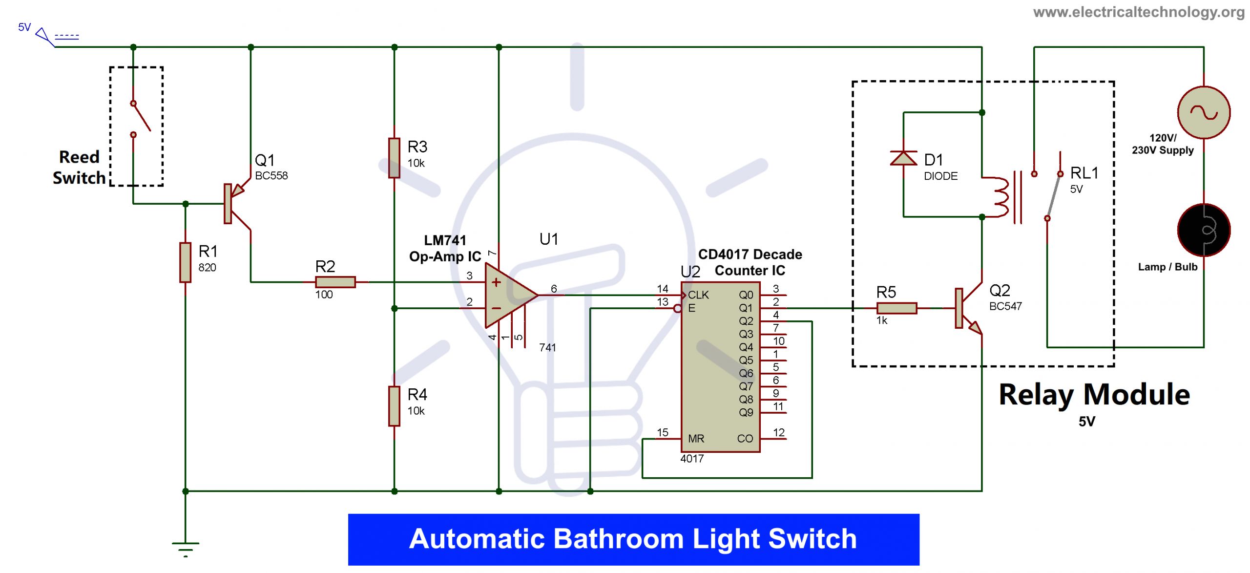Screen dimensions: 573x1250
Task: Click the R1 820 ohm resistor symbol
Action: point(185,262)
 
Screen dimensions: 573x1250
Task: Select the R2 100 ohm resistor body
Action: point(335,282)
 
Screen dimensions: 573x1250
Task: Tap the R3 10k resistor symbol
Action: point(394,158)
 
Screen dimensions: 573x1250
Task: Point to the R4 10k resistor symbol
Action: point(394,406)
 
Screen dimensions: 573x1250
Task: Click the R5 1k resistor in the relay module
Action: point(896,308)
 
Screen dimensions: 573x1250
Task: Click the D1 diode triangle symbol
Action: point(903,158)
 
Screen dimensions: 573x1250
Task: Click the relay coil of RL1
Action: point(999,196)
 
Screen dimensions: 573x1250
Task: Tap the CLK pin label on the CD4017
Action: point(698,295)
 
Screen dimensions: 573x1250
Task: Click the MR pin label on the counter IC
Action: point(696,439)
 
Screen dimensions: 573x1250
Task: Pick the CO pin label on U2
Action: point(745,439)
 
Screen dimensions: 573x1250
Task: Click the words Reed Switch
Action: point(79,168)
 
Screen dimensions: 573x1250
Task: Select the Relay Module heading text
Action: point(1094,395)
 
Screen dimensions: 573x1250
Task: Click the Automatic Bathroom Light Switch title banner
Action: point(633,539)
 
